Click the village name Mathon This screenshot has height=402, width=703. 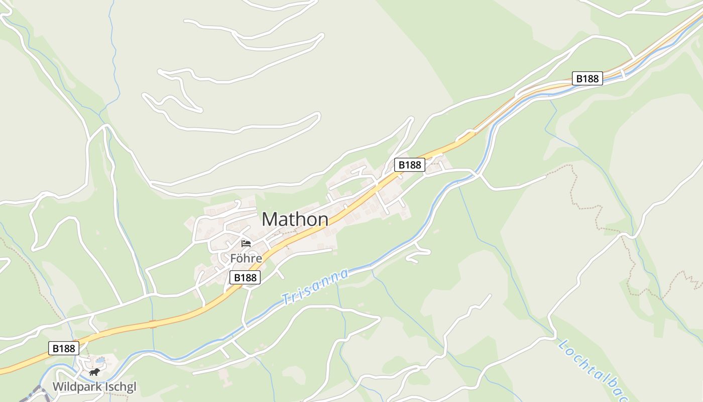295,220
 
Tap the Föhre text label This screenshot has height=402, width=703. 246,259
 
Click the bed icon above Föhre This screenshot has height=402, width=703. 246,244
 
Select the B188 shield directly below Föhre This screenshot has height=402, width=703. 245,277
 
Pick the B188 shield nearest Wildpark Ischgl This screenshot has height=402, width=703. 64,348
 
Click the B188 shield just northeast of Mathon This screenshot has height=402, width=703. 409,165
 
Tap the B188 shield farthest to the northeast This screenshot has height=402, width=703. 588,78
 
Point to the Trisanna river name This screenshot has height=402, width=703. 315,287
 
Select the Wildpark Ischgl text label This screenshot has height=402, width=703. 94,387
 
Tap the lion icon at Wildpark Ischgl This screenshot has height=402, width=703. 94,372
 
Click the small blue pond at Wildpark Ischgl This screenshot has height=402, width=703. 100,360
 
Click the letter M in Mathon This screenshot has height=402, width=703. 270,220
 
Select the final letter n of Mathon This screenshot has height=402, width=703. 323,220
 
